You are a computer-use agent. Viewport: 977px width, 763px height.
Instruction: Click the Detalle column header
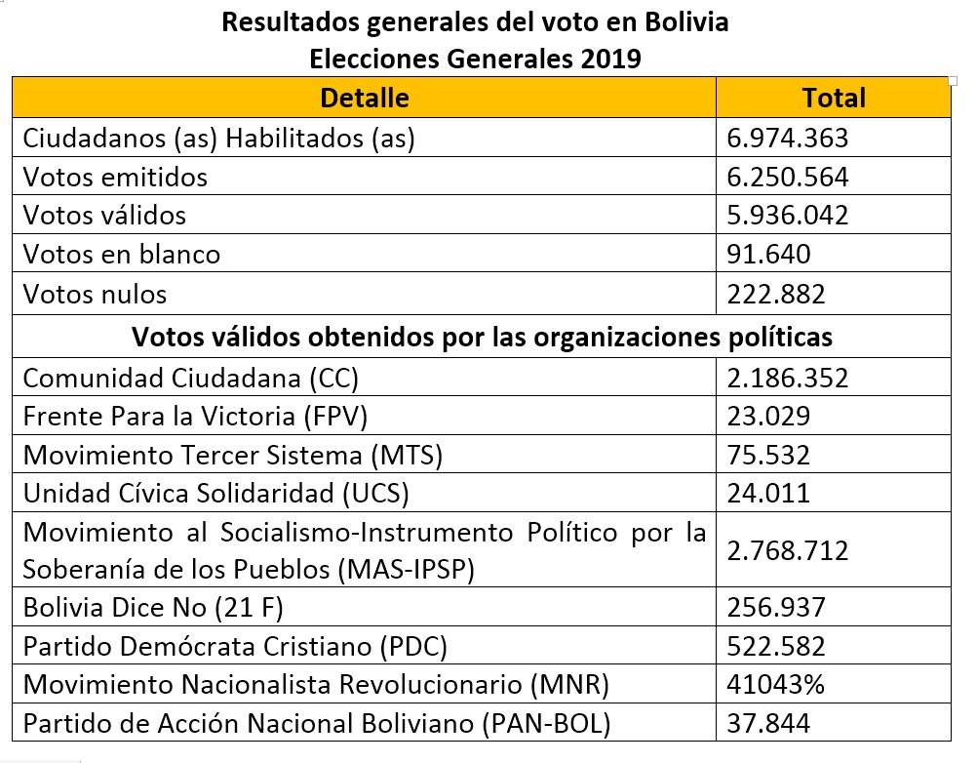[x=365, y=98]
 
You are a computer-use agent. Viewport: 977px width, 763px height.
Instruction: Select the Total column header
[x=834, y=98]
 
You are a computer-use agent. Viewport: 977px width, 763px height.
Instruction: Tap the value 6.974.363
[x=787, y=139]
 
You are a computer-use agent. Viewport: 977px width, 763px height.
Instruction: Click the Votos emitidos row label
[x=115, y=178]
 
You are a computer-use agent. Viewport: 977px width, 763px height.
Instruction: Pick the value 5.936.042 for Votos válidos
[x=787, y=216]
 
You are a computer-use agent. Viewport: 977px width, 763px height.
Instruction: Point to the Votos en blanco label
[x=122, y=255]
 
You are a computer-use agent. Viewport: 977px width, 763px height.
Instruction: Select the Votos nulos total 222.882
[x=776, y=294]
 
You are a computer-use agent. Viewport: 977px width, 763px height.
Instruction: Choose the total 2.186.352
[x=788, y=379]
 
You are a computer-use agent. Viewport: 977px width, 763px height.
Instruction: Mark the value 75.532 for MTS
[x=768, y=455]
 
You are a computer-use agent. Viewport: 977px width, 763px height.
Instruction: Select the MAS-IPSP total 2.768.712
[x=788, y=550]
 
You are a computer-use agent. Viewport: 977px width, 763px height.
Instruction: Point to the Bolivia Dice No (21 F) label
[x=153, y=608]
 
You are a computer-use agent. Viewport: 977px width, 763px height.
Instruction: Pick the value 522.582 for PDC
[x=776, y=646]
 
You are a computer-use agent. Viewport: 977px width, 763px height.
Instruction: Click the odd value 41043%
[x=776, y=685]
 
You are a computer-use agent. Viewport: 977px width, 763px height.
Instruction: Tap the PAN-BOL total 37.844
[x=768, y=723]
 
